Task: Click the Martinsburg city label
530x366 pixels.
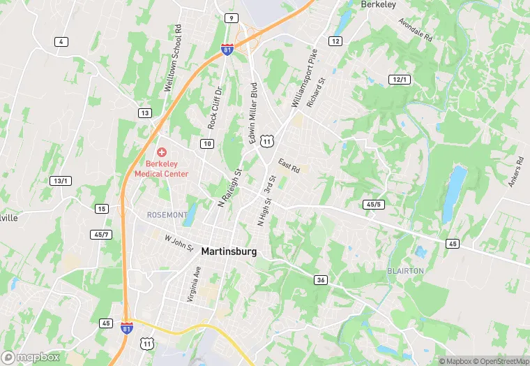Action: point(229,251)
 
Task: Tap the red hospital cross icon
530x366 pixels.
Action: point(161,152)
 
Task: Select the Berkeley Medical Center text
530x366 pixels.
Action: point(161,168)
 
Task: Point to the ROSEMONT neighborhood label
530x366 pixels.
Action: point(167,214)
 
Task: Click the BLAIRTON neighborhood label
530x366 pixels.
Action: point(405,270)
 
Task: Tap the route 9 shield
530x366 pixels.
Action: point(231,17)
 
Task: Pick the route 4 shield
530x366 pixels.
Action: point(62,42)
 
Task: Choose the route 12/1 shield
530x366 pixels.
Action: point(400,80)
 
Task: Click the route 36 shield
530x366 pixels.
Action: point(321,280)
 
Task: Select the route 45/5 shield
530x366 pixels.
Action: point(374,204)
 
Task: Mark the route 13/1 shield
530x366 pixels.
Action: point(61,181)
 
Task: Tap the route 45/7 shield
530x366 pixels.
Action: point(101,234)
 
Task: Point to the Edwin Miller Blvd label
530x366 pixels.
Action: point(254,114)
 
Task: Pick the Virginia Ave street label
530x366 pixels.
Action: point(195,282)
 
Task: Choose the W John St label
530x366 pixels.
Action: point(179,243)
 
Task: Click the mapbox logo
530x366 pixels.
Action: point(31,358)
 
